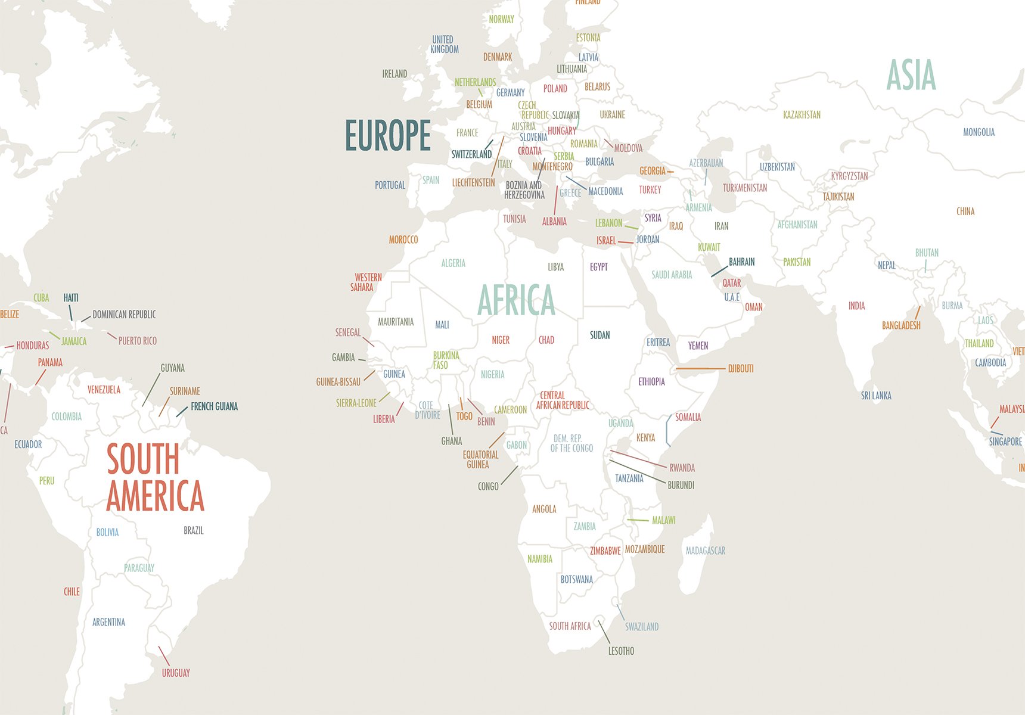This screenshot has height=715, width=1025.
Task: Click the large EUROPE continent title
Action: (388, 136)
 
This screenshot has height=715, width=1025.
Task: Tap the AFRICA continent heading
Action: (516, 300)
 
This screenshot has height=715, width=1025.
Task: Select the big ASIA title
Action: (911, 76)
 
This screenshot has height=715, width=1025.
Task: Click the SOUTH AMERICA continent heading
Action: (154, 477)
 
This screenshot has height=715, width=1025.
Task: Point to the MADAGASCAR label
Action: (706, 551)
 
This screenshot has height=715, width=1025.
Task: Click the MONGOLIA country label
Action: (979, 132)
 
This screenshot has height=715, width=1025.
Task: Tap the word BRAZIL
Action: (194, 530)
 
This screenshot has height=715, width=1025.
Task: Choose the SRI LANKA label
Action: (876, 396)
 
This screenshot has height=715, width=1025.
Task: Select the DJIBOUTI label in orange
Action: (741, 369)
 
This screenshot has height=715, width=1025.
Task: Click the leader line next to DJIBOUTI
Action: (700, 369)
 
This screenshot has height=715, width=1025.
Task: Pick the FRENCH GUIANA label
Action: (214, 406)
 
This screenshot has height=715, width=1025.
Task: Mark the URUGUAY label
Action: (176, 673)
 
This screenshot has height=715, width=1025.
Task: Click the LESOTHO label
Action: (621, 651)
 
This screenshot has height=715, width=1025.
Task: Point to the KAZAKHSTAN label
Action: (802, 115)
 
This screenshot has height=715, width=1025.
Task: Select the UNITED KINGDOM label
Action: (444, 45)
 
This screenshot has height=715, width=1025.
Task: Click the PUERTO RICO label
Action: (137, 341)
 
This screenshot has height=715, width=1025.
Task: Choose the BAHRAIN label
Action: (741, 262)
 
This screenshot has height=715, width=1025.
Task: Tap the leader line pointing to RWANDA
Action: (638, 459)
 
